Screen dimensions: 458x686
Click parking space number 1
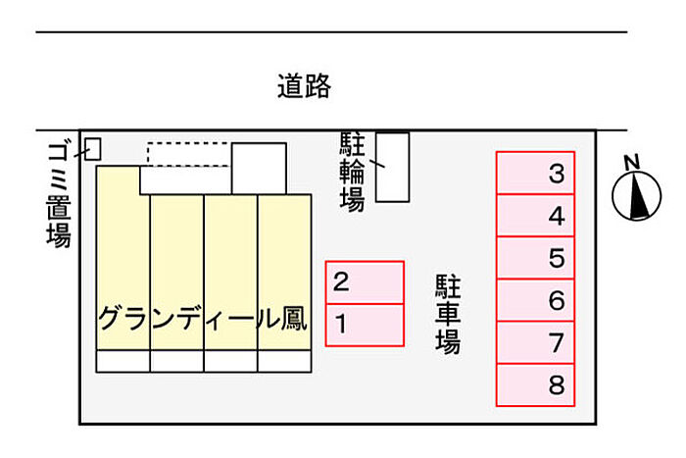pyautogui.click(x=365, y=325)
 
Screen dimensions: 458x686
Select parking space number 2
pyautogui.click(x=365, y=282)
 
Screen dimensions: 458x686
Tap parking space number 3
pyautogui.click(x=535, y=174)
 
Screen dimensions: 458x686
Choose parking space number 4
pyautogui.click(x=535, y=216)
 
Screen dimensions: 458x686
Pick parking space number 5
pyautogui.click(x=535, y=258)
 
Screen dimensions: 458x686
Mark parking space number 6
pyautogui.click(x=535, y=300)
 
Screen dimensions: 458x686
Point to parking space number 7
pyautogui.click(x=535, y=342)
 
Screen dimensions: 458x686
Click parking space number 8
pyautogui.click(x=535, y=384)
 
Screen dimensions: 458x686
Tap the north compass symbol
pyautogui.click(x=636, y=193)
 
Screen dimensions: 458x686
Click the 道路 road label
pyautogui.click(x=304, y=87)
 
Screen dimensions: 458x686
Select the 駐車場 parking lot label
pyautogui.click(x=448, y=315)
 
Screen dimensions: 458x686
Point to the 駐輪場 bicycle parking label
pyautogui.click(x=352, y=172)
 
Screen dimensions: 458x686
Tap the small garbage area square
pyautogui.click(x=93, y=148)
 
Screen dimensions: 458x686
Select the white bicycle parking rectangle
pyautogui.click(x=393, y=167)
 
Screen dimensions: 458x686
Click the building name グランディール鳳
pyautogui.click(x=203, y=318)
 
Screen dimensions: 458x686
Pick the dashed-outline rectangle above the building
pyautogui.click(x=189, y=154)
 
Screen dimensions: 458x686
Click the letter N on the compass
pyautogui.click(x=632, y=162)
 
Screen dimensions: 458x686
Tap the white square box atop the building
pyautogui.click(x=259, y=168)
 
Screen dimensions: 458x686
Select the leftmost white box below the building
pyautogui.click(x=122, y=361)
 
